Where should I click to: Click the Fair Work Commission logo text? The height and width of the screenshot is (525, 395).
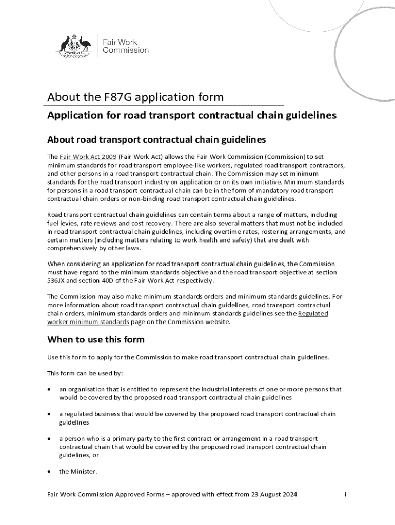(126, 46)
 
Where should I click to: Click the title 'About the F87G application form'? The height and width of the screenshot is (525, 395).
(135, 97)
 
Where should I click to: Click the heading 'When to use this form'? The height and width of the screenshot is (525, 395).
(96, 339)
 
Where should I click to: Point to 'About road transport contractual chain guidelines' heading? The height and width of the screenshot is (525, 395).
(156, 139)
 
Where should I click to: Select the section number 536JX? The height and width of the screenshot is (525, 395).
(56, 281)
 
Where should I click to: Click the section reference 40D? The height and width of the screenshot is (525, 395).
(105, 281)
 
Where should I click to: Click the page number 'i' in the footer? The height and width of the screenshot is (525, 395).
(346, 494)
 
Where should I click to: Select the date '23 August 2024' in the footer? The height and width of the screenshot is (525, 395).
(274, 494)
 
